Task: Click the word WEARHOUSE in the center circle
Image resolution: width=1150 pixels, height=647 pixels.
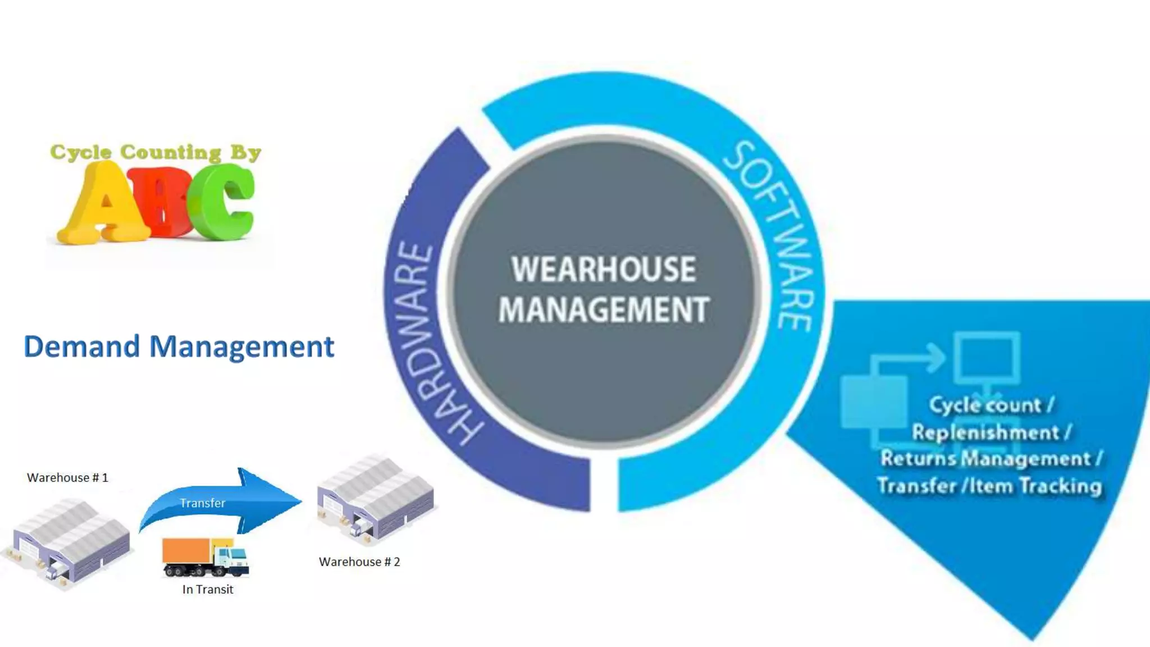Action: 604,270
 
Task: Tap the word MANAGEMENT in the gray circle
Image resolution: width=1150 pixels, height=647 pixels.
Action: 604,309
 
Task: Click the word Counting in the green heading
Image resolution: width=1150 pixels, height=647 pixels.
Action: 171,152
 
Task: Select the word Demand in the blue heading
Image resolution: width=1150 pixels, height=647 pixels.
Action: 81,346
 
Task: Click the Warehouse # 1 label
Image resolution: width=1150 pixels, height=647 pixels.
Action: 67,477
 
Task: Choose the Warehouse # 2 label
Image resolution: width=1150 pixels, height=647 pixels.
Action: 359,562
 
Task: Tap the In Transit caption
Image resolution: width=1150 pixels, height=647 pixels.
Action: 208,589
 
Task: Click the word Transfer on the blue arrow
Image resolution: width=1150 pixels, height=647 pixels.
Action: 202,503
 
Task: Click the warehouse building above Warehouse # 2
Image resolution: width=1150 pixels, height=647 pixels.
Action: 375,497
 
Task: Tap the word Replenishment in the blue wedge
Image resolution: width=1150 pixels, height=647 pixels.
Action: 985,432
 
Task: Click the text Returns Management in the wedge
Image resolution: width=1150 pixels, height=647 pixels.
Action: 985,459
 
